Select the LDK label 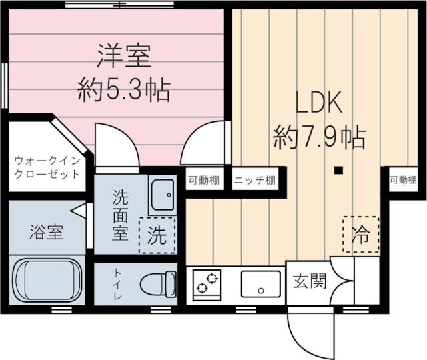(x=319, y=104)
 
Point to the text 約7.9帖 (x=318, y=138)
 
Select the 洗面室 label (x=121, y=217)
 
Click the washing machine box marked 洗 (x=157, y=235)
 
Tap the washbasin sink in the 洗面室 (x=161, y=195)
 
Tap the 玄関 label (x=309, y=281)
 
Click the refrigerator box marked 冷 (x=360, y=234)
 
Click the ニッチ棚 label (x=254, y=179)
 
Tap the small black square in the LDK (x=338, y=171)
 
